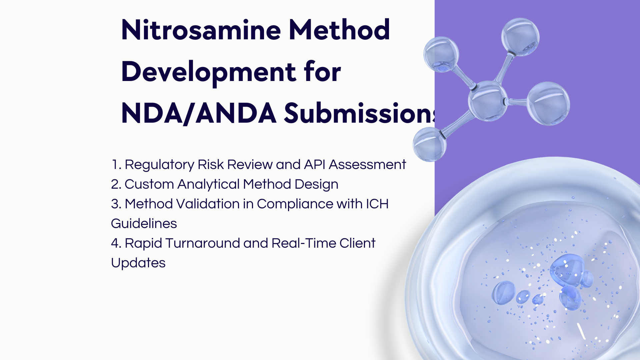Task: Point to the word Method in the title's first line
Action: point(339,30)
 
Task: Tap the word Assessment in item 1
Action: point(367,164)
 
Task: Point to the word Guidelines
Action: point(144,223)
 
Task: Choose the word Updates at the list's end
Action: point(138,263)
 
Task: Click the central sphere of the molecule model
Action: point(488,101)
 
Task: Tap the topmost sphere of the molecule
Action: point(520,36)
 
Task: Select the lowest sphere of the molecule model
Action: point(430,144)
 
